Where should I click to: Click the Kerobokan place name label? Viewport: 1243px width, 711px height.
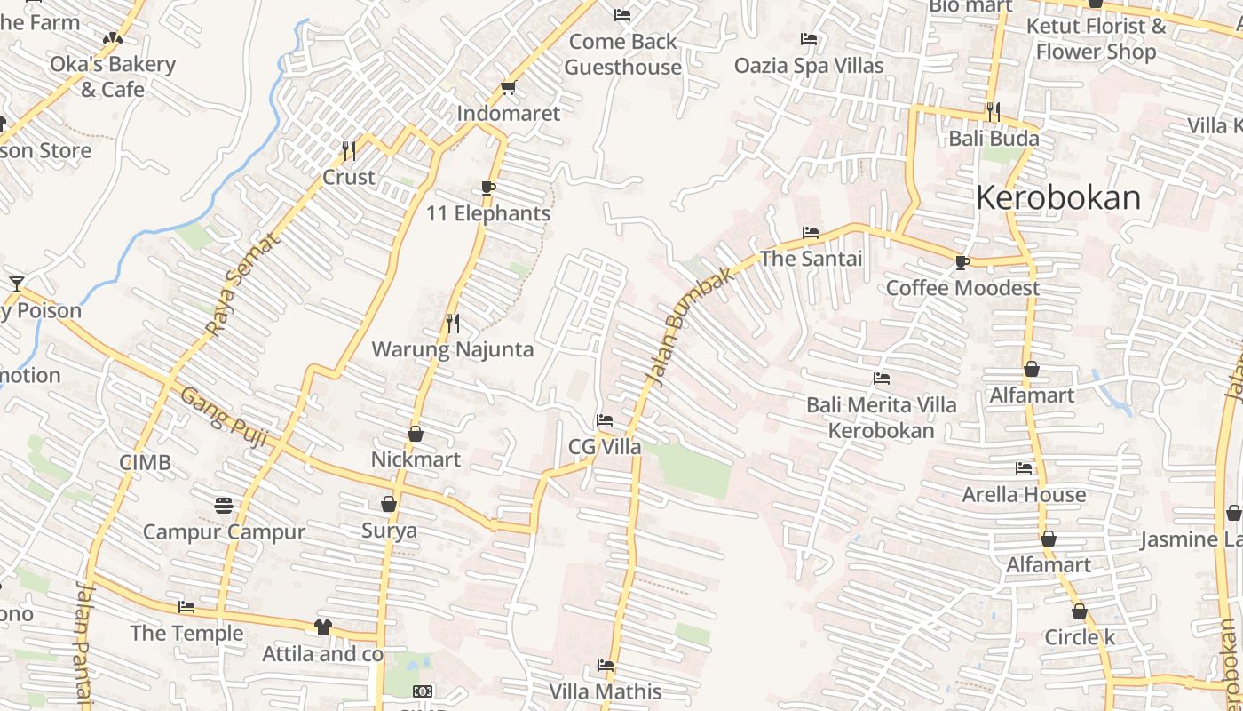[x=1057, y=197]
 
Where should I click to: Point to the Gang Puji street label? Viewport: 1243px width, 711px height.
[x=224, y=416]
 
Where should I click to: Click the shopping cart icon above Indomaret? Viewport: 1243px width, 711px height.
[x=507, y=87]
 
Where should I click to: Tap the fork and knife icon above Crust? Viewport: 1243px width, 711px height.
[x=349, y=150]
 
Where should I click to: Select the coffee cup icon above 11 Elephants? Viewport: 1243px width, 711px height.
[x=487, y=188]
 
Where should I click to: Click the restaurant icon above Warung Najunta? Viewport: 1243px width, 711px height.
[x=453, y=323]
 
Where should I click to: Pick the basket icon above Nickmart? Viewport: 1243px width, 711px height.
[x=415, y=434]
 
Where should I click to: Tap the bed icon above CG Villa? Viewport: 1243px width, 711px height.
[x=605, y=420]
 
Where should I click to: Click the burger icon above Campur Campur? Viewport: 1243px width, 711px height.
[x=224, y=506]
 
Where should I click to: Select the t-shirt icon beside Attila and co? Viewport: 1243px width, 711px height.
[x=322, y=627]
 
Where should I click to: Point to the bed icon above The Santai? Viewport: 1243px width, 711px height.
[x=810, y=233]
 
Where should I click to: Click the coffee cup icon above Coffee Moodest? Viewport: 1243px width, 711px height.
[x=962, y=262]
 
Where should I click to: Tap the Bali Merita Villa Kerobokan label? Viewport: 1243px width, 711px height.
[x=881, y=418]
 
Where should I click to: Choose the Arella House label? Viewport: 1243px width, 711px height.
[x=1024, y=494]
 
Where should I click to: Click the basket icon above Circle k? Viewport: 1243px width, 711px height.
[x=1079, y=611]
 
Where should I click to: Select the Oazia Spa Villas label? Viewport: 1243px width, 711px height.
[x=808, y=66]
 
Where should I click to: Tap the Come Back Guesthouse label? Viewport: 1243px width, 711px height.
[x=622, y=54]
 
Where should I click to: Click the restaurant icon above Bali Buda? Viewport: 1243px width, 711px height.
[x=993, y=112]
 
